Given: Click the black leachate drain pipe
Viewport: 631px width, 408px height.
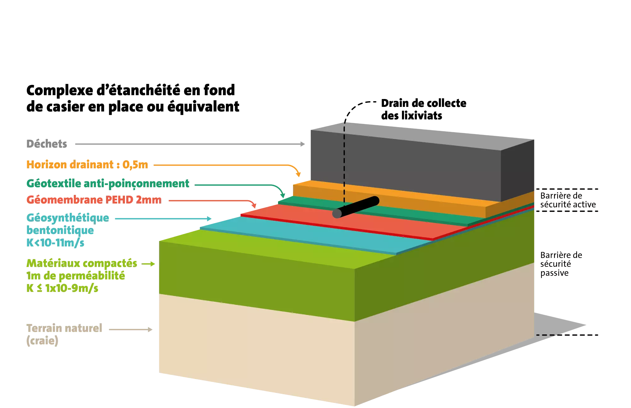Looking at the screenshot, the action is tap(356, 207).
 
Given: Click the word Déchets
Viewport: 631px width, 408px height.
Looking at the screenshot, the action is tap(47, 144).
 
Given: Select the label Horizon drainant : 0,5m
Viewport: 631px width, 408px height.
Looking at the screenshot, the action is tap(87, 165).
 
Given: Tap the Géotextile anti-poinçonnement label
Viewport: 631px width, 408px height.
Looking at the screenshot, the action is tap(108, 184).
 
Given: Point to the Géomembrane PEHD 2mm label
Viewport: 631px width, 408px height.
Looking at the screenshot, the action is tap(94, 200).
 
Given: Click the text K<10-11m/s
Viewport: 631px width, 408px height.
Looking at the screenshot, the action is tap(56, 243).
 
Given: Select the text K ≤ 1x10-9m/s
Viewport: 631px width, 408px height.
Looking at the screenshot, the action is tap(62, 288).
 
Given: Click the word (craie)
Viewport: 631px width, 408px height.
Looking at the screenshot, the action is tap(42, 341).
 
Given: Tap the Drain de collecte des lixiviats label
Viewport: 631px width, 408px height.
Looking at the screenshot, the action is tap(424, 109).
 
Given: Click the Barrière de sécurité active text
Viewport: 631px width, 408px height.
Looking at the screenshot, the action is tap(568, 200).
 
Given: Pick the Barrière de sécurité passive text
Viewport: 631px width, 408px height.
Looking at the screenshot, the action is tap(561, 264).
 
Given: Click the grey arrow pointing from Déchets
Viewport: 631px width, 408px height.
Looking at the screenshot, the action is tap(190, 144).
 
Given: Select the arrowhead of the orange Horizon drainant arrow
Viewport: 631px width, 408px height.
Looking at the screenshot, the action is tap(298, 174).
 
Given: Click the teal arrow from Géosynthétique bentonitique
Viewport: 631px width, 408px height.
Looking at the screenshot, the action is tap(163, 219).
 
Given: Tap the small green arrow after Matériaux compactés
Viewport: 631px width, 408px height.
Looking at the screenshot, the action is tap(148, 264).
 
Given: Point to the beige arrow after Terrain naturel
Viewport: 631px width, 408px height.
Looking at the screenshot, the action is tap(131, 329).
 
